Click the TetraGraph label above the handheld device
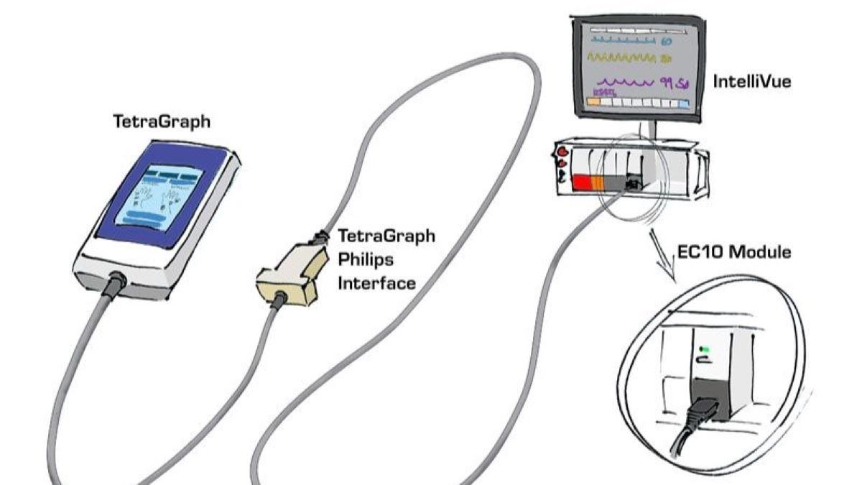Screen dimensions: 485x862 (162, 122)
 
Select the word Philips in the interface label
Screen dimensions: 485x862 (364, 259)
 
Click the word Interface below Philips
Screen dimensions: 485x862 (376, 283)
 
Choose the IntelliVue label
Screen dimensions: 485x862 (752, 82)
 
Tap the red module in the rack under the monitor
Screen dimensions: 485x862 (580, 183)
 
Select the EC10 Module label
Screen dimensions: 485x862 (735, 252)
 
